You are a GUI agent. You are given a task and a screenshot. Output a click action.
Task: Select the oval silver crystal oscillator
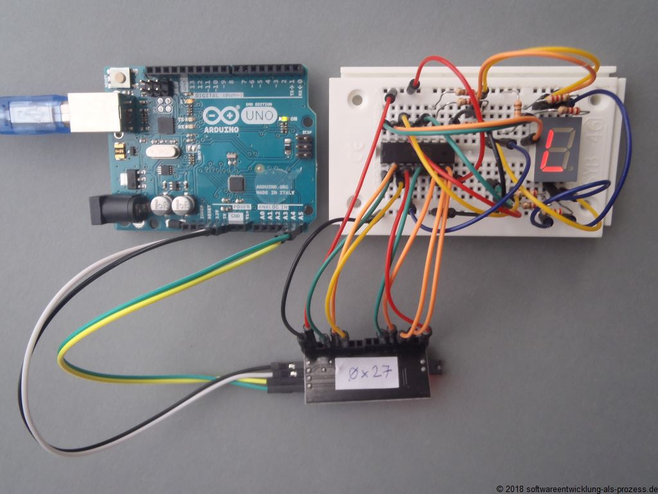158,152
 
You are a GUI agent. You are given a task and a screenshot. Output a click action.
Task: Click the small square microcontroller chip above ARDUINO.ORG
237,184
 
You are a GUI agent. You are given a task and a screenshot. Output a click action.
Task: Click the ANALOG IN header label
274,208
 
